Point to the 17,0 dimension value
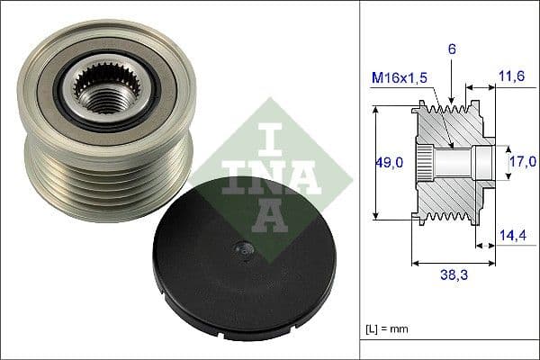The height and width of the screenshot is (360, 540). tap(522, 162)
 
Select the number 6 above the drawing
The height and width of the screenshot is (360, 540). tap(453, 50)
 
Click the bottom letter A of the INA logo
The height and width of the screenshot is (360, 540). tap(258, 215)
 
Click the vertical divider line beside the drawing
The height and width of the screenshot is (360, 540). tap(361, 180)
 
